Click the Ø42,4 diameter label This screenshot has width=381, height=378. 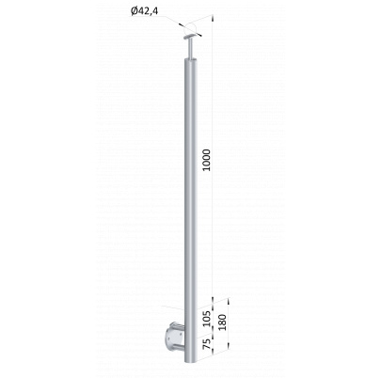tap(144, 11)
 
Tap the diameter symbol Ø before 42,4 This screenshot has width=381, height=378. tap(134, 11)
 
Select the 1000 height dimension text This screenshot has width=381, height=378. tap(206, 160)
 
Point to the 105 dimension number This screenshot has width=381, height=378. tap(206, 318)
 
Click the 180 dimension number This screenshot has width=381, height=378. tap(222, 322)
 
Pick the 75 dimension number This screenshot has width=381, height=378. tap(206, 344)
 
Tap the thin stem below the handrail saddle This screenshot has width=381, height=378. tap(190, 49)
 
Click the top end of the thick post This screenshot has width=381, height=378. tap(191, 59)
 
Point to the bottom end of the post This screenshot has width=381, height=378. tap(190, 361)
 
